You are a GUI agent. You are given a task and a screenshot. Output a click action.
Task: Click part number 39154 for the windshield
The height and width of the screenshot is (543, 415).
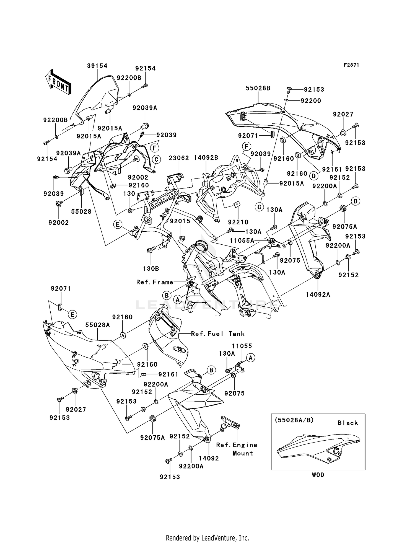click(97, 66)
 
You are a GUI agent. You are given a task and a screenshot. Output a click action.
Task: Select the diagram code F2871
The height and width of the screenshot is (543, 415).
click(351, 65)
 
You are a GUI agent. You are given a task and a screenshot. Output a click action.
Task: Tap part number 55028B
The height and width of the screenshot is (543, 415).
click(258, 88)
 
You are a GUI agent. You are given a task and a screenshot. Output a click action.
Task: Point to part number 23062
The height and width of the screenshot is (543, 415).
click(179, 158)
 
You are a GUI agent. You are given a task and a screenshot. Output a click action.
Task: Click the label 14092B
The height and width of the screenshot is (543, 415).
click(206, 158)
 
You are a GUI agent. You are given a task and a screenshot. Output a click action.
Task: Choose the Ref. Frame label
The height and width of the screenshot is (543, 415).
click(155, 282)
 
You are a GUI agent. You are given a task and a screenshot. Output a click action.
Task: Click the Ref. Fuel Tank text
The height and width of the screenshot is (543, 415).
click(218, 334)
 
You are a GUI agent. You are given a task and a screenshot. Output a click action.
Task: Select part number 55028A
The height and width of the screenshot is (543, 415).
click(97, 325)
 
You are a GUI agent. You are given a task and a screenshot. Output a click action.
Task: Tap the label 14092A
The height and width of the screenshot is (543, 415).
click(318, 295)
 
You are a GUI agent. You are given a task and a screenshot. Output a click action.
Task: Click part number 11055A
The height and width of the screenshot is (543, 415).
click(242, 241)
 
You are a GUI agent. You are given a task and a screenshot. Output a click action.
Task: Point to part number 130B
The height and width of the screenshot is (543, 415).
click(151, 268)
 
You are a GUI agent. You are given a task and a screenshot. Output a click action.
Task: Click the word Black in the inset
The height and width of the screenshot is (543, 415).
click(348, 423)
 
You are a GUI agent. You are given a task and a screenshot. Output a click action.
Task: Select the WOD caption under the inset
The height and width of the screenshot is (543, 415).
click(318, 475)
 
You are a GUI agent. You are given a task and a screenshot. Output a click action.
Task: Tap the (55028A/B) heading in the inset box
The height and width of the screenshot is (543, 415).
click(294, 420)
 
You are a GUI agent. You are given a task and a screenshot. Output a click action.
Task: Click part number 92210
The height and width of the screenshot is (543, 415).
click(238, 222)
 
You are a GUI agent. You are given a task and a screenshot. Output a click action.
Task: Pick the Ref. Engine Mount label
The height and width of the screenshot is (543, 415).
click(237, 449)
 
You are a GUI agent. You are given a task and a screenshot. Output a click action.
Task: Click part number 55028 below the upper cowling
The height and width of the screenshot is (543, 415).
click(81, 212)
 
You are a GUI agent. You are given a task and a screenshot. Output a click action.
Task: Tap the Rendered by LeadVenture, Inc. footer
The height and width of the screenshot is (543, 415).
click(207, 538)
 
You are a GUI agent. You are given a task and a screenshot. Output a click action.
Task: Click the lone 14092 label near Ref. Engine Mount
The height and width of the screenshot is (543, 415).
click(209, 458)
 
